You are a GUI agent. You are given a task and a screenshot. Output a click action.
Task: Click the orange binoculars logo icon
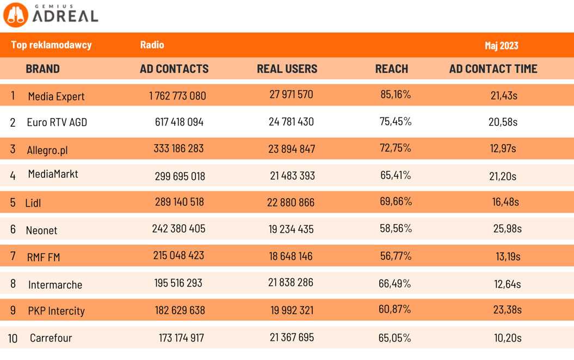coord(16,15)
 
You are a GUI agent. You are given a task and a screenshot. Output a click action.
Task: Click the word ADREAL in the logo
coord(65,17)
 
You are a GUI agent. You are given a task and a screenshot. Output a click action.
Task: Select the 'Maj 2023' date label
coord(501,46)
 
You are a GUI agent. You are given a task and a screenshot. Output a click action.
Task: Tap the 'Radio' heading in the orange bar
coord(152,45)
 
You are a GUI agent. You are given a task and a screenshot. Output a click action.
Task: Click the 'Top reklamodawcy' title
coord(51,45)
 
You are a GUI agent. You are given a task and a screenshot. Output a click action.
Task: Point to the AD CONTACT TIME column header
coord(493,69)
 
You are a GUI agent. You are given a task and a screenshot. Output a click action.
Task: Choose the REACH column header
coord(391,69)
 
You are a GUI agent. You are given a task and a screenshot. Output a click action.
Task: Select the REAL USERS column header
coord(287,69)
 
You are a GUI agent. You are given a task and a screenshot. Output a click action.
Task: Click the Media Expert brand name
coord(56,96)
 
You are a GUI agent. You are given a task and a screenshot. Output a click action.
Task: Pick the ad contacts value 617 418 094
coord(179,122)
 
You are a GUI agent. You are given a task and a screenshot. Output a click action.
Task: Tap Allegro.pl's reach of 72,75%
coord(396,148)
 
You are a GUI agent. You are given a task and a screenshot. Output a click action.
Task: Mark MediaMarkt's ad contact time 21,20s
coord(503,176)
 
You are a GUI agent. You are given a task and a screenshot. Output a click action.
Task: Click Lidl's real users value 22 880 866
coord(291,202)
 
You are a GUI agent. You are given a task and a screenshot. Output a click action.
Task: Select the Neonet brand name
coord(41,230)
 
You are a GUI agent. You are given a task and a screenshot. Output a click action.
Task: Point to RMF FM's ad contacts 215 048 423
coord(178,255)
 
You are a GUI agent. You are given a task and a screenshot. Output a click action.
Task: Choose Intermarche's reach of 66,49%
coord(394,283)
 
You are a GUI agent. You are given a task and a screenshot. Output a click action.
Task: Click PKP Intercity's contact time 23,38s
coord(507,310)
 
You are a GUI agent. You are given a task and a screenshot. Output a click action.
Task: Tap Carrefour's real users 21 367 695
coord(292,337)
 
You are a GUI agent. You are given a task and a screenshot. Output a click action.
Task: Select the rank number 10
coord(13,338)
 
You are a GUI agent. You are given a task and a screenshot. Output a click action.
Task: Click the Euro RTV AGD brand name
coord(57,122)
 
